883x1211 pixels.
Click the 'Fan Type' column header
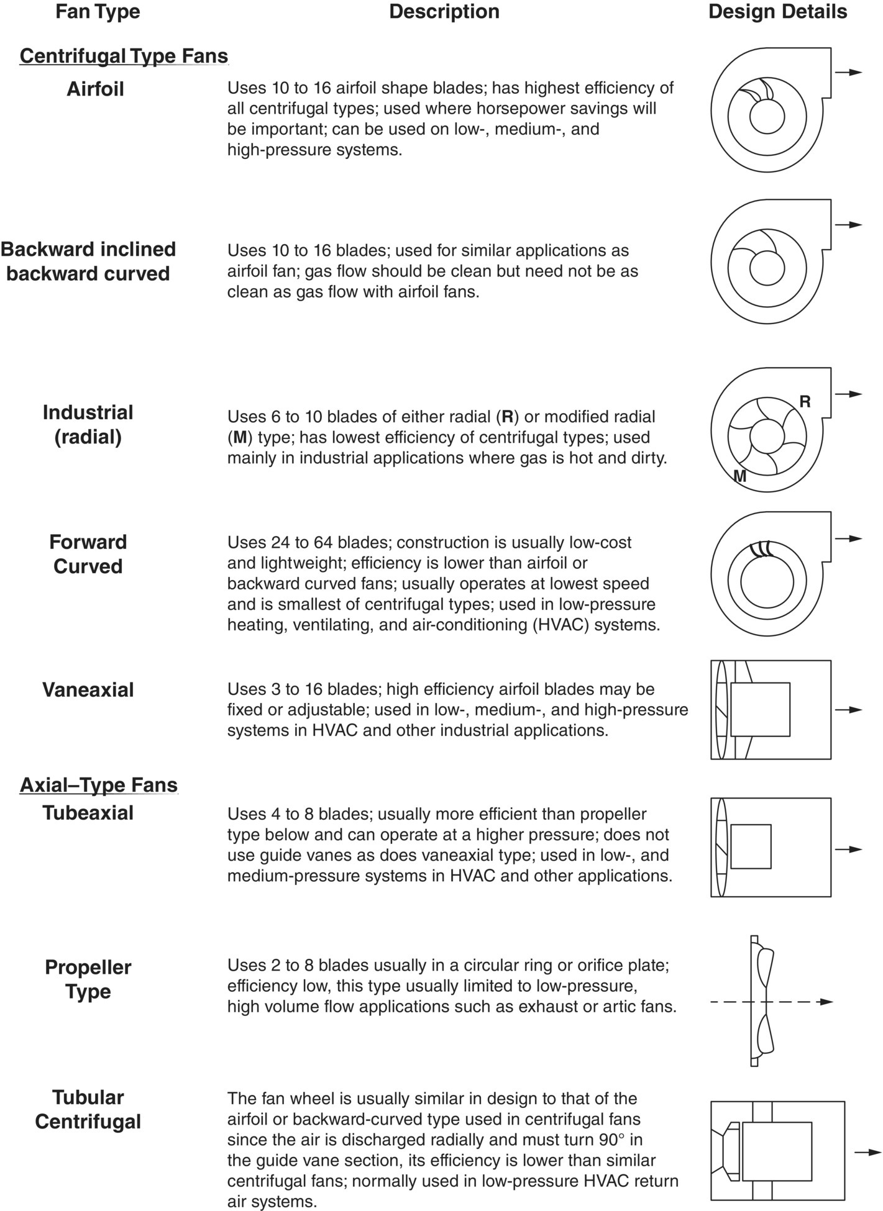click(98, 12)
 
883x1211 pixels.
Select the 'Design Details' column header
click(777, 12)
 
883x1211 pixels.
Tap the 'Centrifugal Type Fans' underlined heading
click(124, 56)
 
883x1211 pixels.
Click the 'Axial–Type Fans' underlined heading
click(99, 785)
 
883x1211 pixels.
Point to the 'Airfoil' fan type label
click(95, 89)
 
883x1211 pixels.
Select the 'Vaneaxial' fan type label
click(88, 689)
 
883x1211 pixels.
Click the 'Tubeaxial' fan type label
click(88, 812)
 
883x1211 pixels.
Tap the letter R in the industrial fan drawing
click(805, 402)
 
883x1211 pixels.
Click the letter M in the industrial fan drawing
click(739, 476)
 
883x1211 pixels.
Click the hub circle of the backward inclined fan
click(767, 269)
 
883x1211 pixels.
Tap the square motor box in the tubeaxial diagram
click(751, 846)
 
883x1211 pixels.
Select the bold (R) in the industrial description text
click(508, 417)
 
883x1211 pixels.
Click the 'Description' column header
click(444, 12)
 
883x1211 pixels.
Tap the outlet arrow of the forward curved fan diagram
click(849, 538)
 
